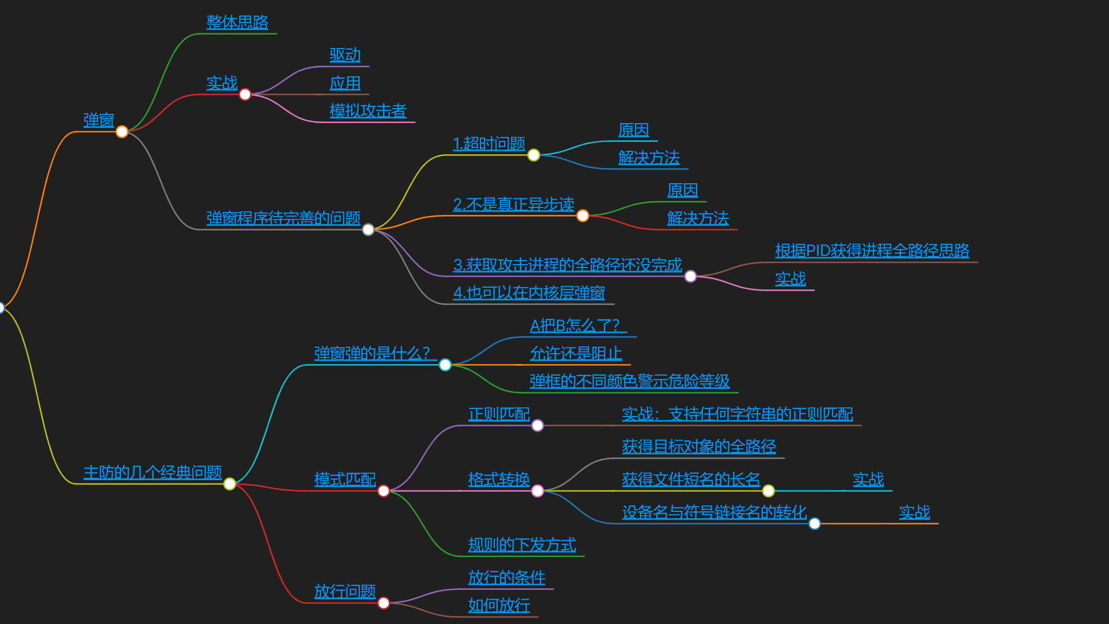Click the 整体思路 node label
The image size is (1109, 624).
[x=237, y=23]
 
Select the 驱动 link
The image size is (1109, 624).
[x=345, y=55]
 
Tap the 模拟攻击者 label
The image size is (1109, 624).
[x=368, y=111]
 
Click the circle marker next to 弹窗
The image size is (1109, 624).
[x=122, y=132]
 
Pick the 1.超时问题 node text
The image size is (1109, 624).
[x=489, y=143]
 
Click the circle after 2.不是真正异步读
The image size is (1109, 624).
[x=583, y=216]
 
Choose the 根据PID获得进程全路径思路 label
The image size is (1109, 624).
[x=872, y=251]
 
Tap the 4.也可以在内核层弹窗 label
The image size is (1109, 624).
[x=529, y=293]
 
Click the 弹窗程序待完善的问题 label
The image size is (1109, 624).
[x=283, y=218]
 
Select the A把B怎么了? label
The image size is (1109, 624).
[x=575, y=326]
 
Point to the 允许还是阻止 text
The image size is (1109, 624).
[x=575, y=354]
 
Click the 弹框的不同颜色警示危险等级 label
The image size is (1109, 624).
[x=629, y=381]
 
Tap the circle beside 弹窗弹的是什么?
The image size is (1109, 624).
[x=445, y=365]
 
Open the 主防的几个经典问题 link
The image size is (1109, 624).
[x=152, y=473]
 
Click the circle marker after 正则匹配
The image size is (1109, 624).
[x=537, y=426]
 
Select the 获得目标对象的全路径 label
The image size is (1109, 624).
[x=698, y=447]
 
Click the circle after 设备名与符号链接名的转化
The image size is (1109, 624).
[x=814, y=523]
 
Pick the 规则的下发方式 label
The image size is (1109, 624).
[x=522, y=545]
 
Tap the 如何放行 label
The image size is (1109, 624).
[x=498, y=606]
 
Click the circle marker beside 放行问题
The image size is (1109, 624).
[x=384, y=603]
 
